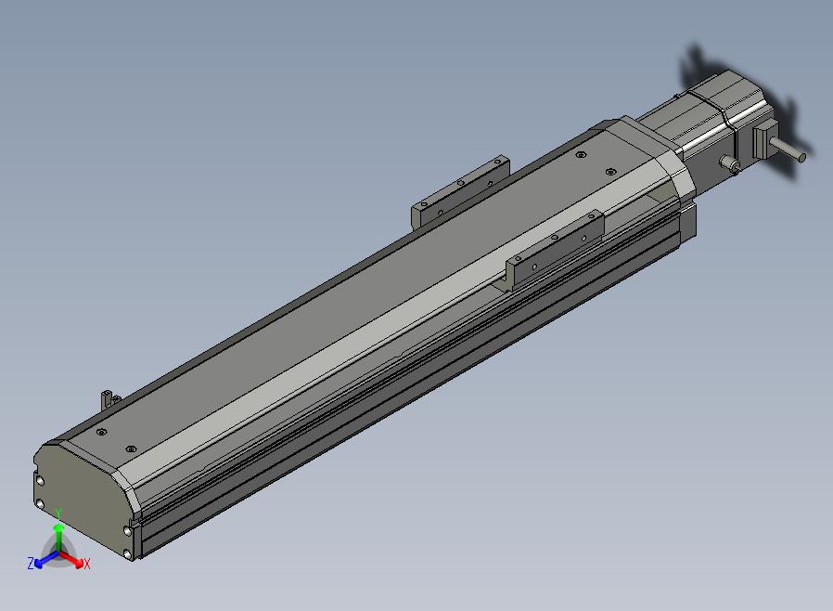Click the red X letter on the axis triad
click(x=87, y=564)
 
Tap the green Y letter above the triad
click(x=59, y=513)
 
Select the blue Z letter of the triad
click(x=31, y=563)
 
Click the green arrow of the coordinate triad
click(x=59, y=537)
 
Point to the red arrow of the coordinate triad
click(x=71, y=559)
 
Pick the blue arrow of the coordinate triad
click(x=46, y=559)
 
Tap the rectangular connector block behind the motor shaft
click(x=763, y=138)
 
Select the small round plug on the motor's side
click(x=729, y=163)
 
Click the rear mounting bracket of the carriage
click(x=461, y=192)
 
